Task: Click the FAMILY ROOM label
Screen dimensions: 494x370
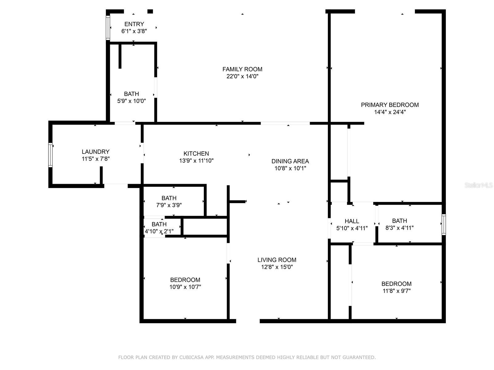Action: point(242,69)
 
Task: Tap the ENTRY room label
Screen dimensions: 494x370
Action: point(134,24)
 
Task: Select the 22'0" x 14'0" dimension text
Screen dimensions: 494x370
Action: point(242,76)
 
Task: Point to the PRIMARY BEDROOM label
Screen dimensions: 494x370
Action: point(390,105)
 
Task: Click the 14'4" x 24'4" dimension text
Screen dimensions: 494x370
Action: point(390,112)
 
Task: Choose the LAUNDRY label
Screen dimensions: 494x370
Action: point(95,152)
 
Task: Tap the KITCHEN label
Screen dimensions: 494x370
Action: point(196,154)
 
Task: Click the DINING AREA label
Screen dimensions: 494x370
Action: point(290,161)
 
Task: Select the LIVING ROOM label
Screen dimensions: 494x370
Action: point(277,260)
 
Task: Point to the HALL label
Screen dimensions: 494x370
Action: point(352,221)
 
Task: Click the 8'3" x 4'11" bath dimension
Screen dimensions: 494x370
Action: point(400,228)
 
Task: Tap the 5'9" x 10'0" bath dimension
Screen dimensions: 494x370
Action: point(132,101)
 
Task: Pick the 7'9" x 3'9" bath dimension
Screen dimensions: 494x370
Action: point(169,205)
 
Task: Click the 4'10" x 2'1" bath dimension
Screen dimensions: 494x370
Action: point(159,231)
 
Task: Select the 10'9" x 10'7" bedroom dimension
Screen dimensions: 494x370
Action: point(185,287)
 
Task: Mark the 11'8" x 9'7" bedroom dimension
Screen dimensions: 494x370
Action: point(396,291)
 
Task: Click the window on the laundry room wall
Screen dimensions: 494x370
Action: point(50,155)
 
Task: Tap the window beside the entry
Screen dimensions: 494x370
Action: point(108,28)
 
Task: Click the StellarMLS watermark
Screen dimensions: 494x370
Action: point(479,185)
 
